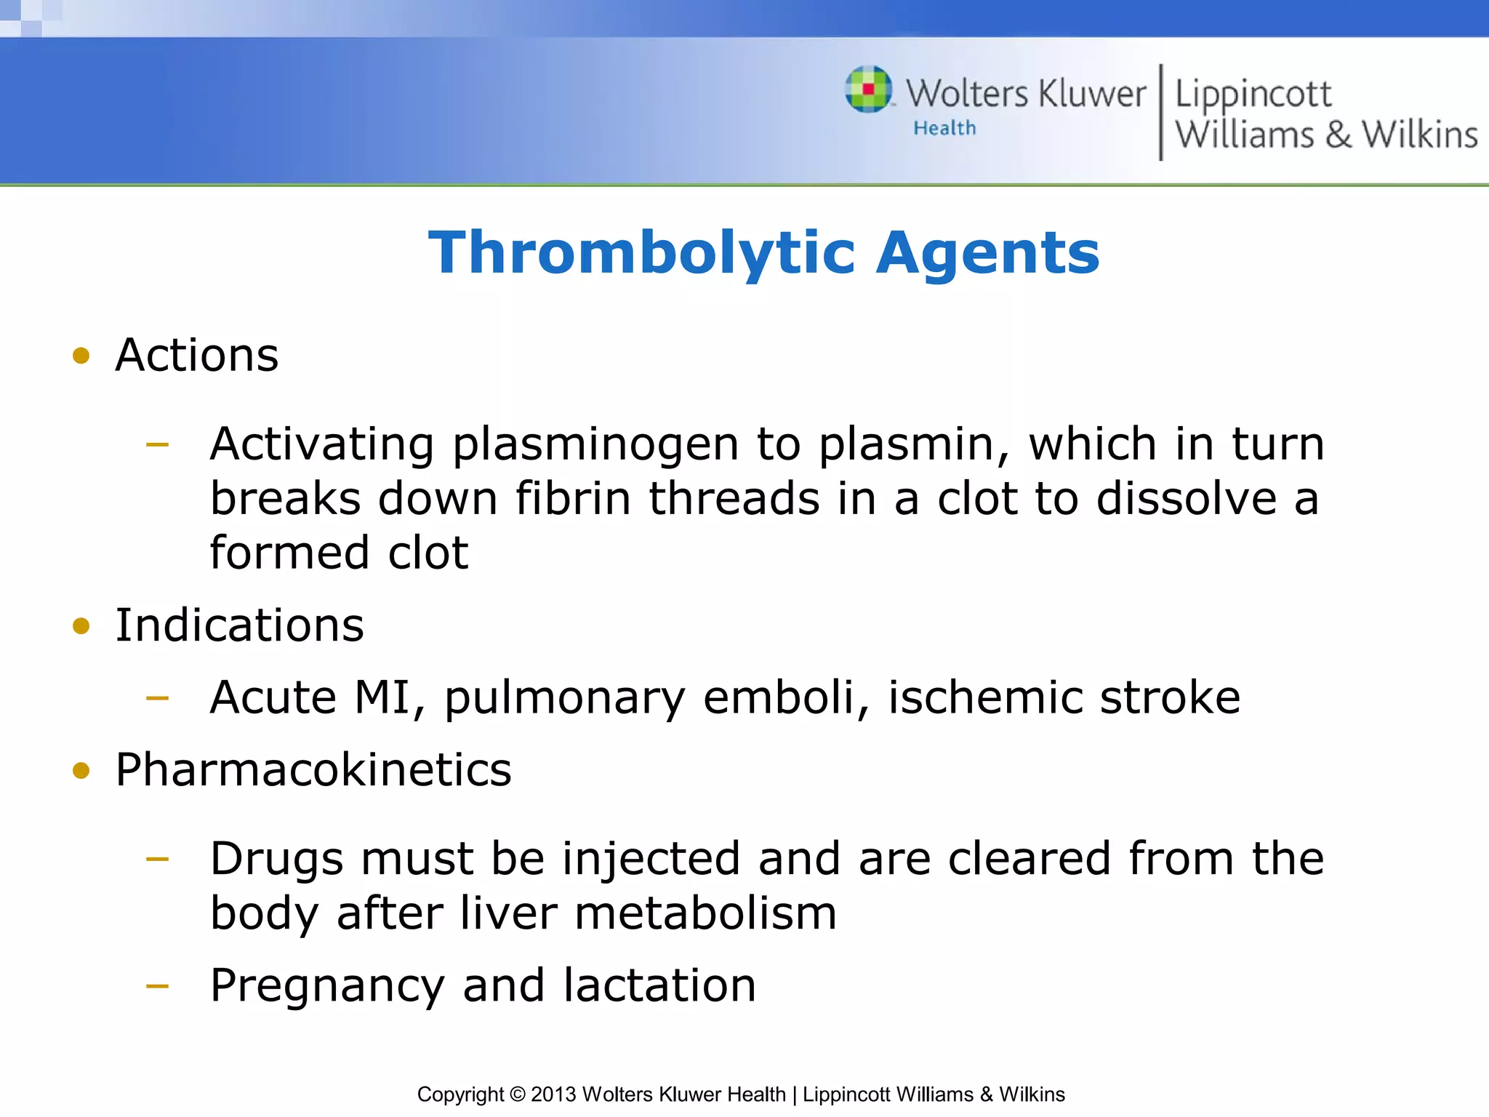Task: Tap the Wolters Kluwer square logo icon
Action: pyautogui.click(x=868, y=89)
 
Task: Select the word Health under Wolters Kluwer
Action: pyautogui.click(x=944, y=129)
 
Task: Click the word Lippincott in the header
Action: pyautogui.click(x=1253, y=95)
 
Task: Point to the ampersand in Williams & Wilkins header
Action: pyautogui.click(x=1338, y=135)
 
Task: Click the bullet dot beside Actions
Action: pyautogui.click(x=81, y=356)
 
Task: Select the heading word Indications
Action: pyautogui.click(x=239, y=625)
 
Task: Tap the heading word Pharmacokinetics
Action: pyautogui.click(x=313, y=769)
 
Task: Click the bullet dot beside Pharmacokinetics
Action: pyautogui.click(x=81, y=771)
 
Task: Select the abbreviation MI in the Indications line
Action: pyautogui.click(x=383, y=697)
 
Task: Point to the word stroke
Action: pyautogui.click(x=1170, y=697)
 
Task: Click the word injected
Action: pyautogui.click(x=651, y=859)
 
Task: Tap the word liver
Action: pyautogui.click(x=508, y=913)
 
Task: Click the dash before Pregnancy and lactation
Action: pyautogui.click(x=157, y=987)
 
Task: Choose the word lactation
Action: pyautogui.click(x=659, y=985)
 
